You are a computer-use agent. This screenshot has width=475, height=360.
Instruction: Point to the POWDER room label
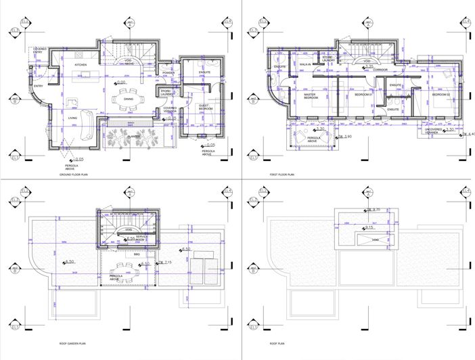pyautogui.click(x=169, y=72)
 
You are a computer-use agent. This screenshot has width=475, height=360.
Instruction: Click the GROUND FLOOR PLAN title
pyautogui.click(x=76, y=174)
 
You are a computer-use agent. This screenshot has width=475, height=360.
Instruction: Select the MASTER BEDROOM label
pyautogui.click(x=311, y=97)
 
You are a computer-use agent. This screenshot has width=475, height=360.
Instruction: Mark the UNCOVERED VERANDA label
pyautogui.click(x=436, y=131)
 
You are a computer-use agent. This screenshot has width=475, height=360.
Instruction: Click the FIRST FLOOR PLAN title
pyautogui.click(x=284, y=174)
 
